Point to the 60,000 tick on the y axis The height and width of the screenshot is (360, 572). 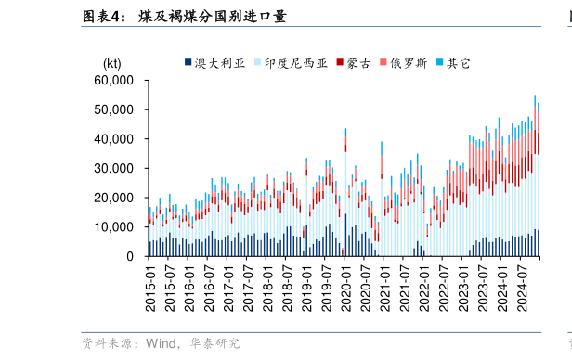pyautogui.click(x=114, y=81)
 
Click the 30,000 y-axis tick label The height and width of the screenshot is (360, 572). pyautogui.click(x=114, y=169)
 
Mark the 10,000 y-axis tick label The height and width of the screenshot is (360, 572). pyautogui.click(x=114, y=227)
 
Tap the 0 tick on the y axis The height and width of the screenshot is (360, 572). pyautogui.click(x=131, y=257)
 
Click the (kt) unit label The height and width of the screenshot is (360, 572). pyautogui.click(x=111, y=63)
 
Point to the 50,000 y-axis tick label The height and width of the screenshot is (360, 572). pyautogui.click(x=114, y=109)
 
